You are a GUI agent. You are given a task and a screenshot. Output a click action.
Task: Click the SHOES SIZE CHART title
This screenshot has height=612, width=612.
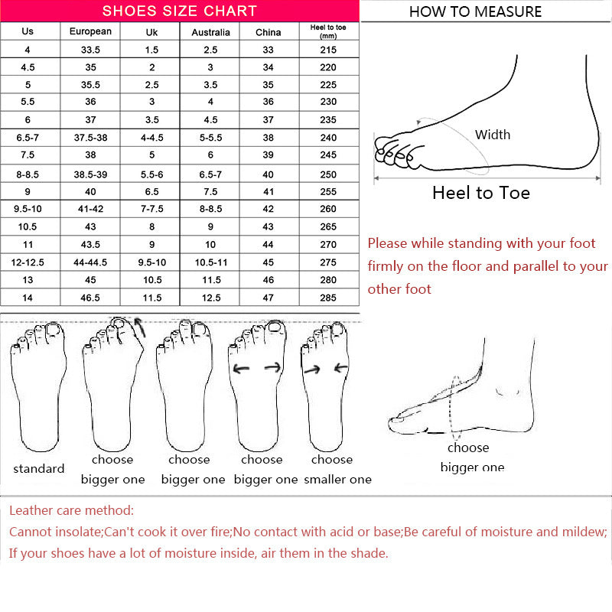pyautogui.click(x=180, y=11)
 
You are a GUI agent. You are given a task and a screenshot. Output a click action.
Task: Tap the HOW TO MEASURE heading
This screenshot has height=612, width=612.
pyautogui.click(x=475, y=11)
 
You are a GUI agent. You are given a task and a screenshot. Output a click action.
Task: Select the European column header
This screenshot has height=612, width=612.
pyautogui.click(x=90, y=31)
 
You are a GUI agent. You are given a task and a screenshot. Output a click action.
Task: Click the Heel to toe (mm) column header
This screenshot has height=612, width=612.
pyautogui.click(x=328, y=31)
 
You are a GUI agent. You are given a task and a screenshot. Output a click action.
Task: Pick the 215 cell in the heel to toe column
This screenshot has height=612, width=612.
pyautogui.click(x=328, y=49)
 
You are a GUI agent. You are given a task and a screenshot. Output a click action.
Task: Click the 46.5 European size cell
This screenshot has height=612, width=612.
pyautogui.click(x=90, y=298)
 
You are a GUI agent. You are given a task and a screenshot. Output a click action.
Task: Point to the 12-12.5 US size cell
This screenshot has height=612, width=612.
pyautogui.click(x=28, y=262)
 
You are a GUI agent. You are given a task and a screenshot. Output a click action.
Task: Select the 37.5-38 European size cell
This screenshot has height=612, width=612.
pyautogui.click(x=90, y=138)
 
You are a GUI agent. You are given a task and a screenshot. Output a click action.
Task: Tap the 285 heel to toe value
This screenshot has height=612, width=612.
pyautogui.click(x=328, y=298)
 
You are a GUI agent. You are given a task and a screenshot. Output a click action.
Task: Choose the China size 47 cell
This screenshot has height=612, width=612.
pyautogui.click(x=268, y=298)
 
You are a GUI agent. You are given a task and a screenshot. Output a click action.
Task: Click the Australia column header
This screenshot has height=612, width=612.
pyautogui.click(x=210, y=32)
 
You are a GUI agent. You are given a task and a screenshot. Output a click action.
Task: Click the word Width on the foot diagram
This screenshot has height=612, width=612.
pyautogui.click(x=492, y=135)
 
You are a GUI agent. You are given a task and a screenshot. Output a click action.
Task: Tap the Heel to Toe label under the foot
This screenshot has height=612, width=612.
pyautogui.click(x=480, y=193)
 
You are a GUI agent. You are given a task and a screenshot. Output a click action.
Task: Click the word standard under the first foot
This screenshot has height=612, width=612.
pyautogui.click(x=38, y=468)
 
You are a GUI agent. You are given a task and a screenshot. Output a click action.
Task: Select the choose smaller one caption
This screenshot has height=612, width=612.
pyautogui.click(x=337, y=470)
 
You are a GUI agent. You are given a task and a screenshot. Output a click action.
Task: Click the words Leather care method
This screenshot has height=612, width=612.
pyautogui.click(x=71, y=510)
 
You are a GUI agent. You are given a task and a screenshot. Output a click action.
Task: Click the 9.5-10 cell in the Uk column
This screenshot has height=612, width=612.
pyautogui.click(x=151, y=262)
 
